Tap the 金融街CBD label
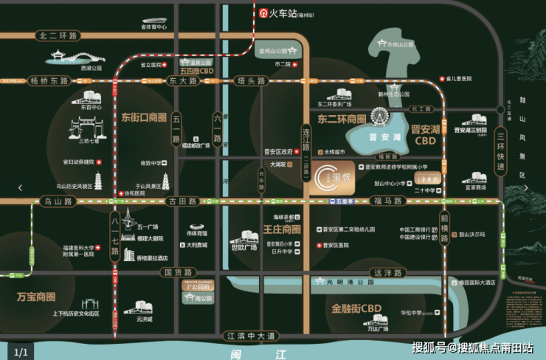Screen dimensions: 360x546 356,308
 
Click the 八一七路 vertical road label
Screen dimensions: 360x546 115,235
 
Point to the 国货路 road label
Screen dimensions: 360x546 178,272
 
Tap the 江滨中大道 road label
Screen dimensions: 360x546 251,336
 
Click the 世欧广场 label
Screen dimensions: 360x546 243,247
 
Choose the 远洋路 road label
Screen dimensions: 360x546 390,272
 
